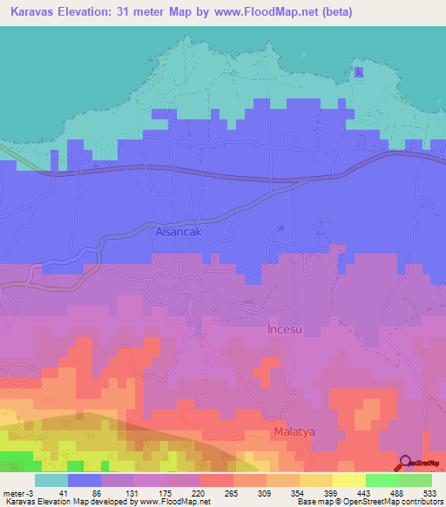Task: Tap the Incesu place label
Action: pyautogui.click(x=287, y=331)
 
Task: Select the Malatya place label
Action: pyautogui.click(x=293, y=432)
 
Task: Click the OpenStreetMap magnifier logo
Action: pyautogui.click(x=407, y=463)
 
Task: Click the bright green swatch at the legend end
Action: pyautogui.click(x=416, y=480)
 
